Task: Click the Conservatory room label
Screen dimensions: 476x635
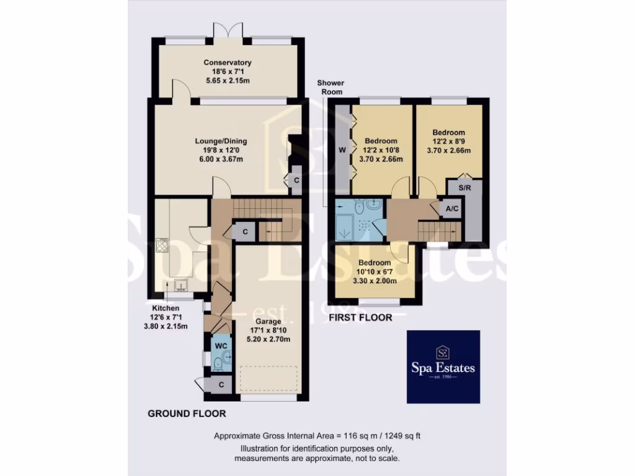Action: [x=228, y=63]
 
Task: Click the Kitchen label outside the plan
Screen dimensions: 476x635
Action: [x=166, y=308]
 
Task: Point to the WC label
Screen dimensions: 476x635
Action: [x=221, y=345]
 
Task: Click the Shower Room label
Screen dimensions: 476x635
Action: [x=330, y=87]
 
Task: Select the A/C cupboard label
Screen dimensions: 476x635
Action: [x=452, y=209]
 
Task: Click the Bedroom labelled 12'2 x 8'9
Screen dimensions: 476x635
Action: [x=448, y=133]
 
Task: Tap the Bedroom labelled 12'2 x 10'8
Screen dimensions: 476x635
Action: [x=381, y=141]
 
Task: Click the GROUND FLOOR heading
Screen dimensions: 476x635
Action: [x=186, y=413]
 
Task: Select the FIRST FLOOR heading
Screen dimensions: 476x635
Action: [x=360, y=318]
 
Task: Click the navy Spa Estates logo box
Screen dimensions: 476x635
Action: [x=443, y=366]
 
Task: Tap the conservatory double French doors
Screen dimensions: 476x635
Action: [x=226, y=32]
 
